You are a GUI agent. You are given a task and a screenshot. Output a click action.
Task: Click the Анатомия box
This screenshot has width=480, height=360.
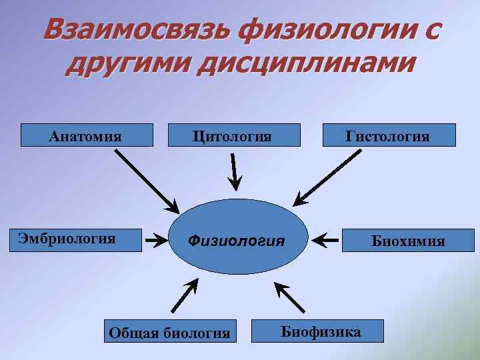click(87, 135)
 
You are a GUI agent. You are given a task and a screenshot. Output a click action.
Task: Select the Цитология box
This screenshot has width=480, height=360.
click(233, 135)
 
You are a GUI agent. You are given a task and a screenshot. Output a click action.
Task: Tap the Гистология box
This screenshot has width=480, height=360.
click(389, 135)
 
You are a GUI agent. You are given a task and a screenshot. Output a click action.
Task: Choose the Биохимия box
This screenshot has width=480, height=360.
click(409, 240)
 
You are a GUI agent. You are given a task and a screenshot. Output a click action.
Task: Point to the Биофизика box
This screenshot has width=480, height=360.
click(317, 330)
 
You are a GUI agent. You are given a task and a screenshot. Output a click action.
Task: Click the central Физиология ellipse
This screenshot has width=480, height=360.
click(237, 239)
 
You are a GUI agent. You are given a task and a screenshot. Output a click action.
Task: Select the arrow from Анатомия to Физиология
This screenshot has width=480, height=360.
click(147, 181)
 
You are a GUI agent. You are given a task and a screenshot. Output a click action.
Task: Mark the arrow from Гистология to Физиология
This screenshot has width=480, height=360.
click(328, 177)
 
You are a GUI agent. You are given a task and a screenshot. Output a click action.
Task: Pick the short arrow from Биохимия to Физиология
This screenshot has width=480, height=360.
click(326, 239)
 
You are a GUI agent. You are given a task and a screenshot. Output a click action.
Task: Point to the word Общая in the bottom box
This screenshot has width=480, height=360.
click(134, 331)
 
